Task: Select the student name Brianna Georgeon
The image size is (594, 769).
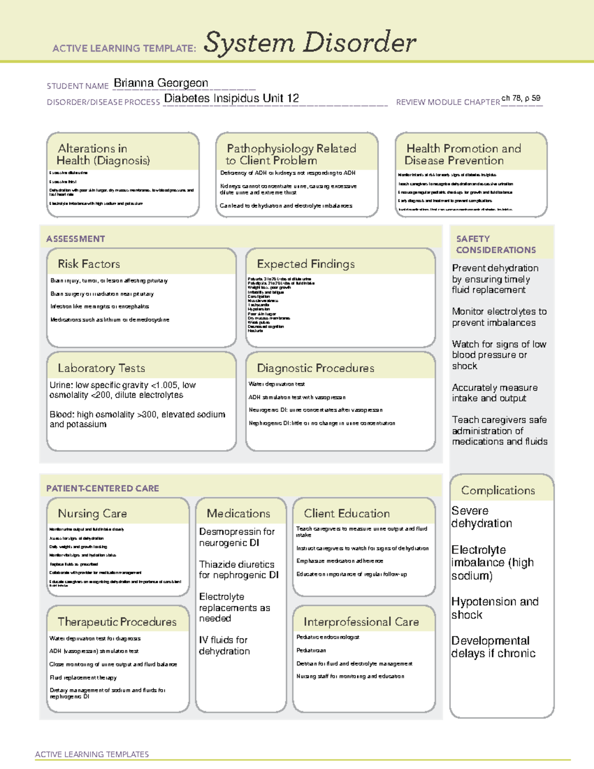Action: click(x=161, y=83)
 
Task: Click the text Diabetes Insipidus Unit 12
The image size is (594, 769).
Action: click(x=231, y=99)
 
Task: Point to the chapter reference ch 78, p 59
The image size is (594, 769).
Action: click(x=521, y=98)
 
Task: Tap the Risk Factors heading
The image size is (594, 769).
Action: click(x=89, y=264)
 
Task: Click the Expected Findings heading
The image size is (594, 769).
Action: click(x=305, y=264)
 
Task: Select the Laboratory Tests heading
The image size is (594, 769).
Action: click(x=101, y=368)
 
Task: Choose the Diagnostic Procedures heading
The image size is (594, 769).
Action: click(x=315, y=368)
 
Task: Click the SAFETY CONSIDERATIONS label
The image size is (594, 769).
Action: click(x=495, y=244)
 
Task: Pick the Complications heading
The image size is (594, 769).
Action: click(x=498, y=490)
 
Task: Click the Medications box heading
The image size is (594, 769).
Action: click(x=239, y=513)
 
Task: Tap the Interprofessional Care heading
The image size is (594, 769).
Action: click(x=361, y=621)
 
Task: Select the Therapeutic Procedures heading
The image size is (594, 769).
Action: click(x=117, y=621)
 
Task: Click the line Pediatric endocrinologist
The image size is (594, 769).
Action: click(x=328, y=637)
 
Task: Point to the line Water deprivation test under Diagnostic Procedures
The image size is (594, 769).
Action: click(x=277, y=384)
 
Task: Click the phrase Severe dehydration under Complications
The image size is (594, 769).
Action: click(x=481, y=517)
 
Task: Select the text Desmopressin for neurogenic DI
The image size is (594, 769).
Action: click(x=237, y=537)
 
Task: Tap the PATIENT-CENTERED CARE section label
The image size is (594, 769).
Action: click(x=102, y=488)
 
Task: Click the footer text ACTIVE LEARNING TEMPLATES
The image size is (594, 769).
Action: click(x=92, y=754)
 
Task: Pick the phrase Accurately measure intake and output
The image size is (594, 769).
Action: click(x=494, y=393)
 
